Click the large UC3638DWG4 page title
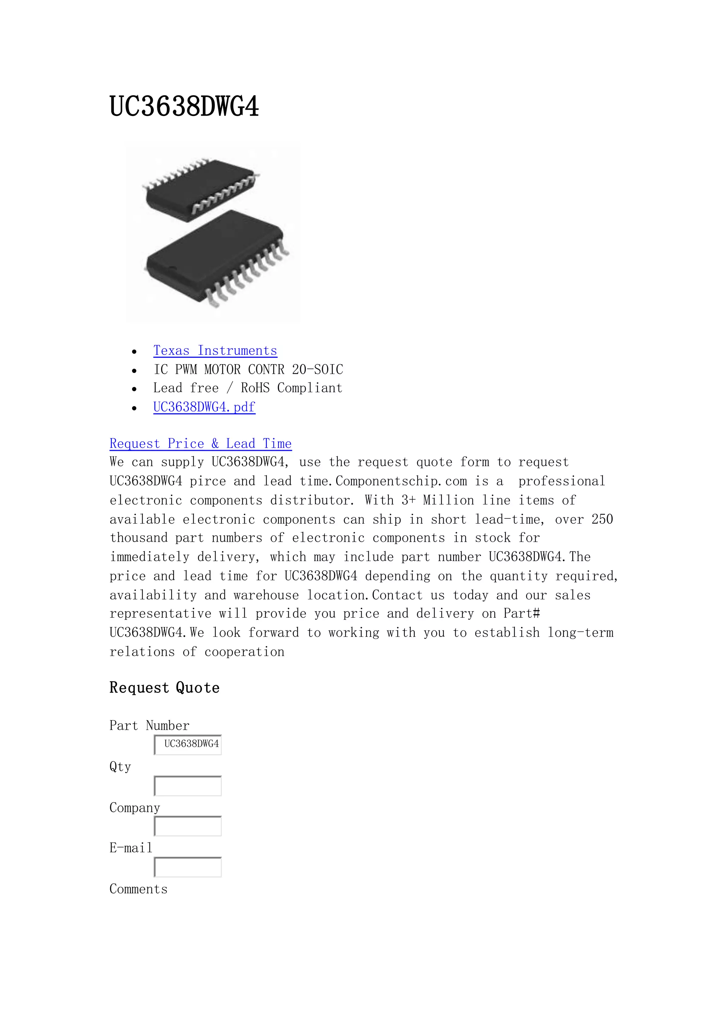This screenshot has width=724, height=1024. pos(184,107)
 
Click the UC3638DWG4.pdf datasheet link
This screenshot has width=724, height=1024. pos(204,407)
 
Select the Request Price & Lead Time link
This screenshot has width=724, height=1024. pos(200,444)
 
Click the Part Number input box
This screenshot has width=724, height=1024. pos(188,744)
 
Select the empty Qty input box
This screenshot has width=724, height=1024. pos(188,785)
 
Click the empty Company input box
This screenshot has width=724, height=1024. pos(188,826)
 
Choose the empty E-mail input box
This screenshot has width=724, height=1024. pos(188,867)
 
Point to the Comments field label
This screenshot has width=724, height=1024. pos(138,889)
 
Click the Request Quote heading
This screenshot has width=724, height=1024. pos(164,688)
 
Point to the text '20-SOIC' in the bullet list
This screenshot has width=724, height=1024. pos(317,370)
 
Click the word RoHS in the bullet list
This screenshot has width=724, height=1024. pos(255,388)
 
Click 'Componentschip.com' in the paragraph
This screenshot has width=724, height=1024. pos(401,481)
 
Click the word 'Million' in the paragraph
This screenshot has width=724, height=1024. pos(449,500)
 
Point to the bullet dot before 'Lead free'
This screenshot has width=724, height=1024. pos(134,389)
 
